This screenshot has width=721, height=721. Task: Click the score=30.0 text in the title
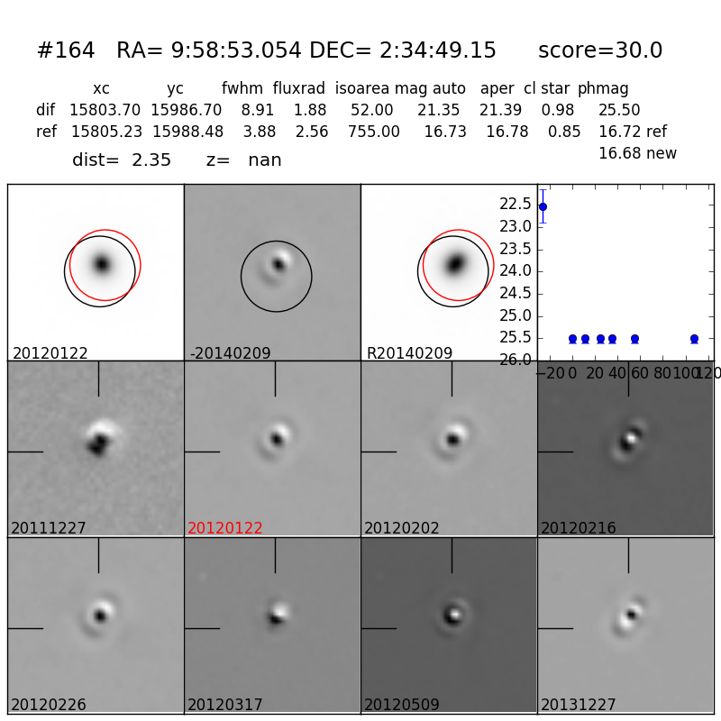(x=600, y=50)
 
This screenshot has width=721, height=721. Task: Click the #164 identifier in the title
(x=66, y=50)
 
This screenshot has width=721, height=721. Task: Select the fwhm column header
(x=242, y=88)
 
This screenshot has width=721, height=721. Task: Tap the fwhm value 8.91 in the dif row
(x=257, y=110)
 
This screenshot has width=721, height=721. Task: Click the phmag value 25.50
(x=619, y=110)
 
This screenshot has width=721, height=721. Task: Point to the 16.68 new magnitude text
(x=637, y=153)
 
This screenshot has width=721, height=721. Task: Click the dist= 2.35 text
(x=122, y=160)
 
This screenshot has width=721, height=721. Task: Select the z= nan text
(x=243, y=160)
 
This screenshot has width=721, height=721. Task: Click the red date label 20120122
(x=225, y=528)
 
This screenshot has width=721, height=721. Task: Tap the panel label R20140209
(x=409, y=353)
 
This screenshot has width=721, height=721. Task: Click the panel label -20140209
(x=230, y=353)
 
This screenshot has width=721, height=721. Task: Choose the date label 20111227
(x=49, y=528)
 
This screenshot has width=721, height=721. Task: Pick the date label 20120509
(x=402, y=705)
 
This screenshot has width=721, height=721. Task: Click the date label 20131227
(x=579, y=705)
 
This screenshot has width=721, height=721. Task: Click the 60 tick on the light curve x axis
(x=634, y=373)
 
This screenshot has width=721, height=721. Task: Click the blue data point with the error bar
(x=543, y=206)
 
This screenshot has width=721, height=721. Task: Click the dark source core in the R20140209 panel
(x=456, y=264)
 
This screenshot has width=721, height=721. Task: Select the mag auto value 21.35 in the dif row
(x=439, y=110)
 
